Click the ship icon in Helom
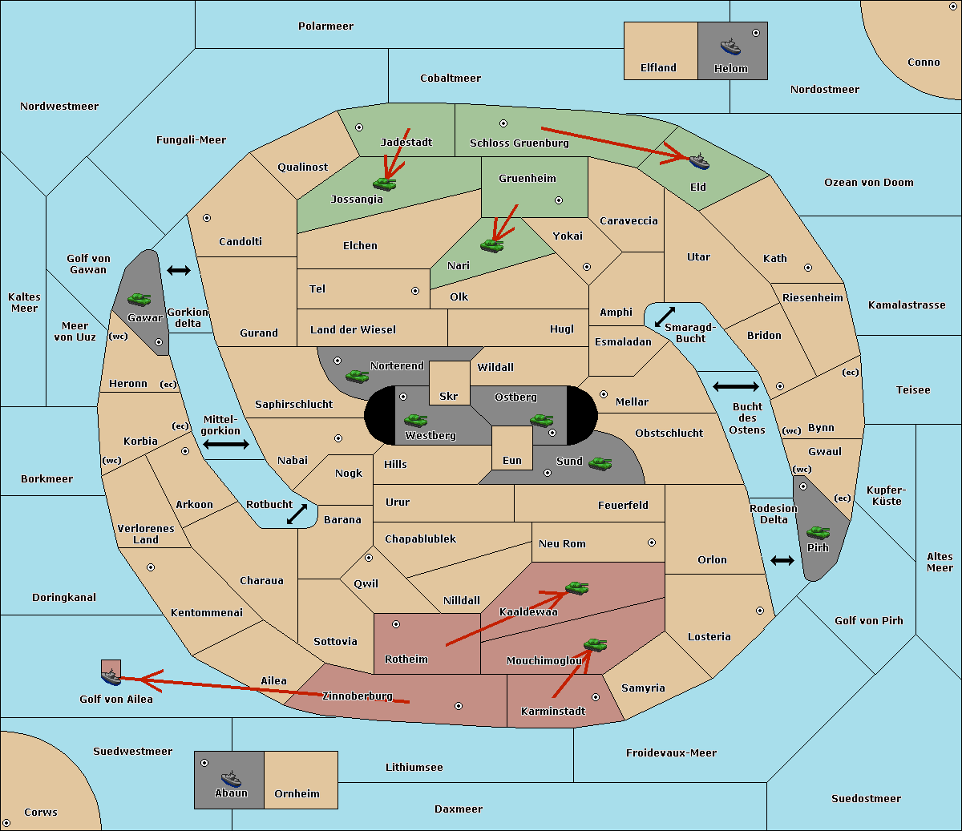coord(730,46)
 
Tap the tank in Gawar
coord(139,299)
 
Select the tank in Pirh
coord(818,532)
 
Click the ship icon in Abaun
coord(231,778)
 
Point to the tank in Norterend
coord(357,376)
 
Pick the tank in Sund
coord(600,463)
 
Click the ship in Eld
coord(699,161)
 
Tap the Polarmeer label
coord(325,26)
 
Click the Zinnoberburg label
coord(358,696)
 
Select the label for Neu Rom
coord(562,543)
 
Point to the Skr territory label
coord(449,396)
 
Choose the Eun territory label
coord(512,460)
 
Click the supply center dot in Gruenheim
coord(559,200)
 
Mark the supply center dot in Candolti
coord(207,218)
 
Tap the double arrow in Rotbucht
coord(297,514)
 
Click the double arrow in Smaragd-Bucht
coord(665,317)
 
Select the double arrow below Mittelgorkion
coord(226,444)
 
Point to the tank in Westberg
coord(415,420)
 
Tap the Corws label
coord(41,812)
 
